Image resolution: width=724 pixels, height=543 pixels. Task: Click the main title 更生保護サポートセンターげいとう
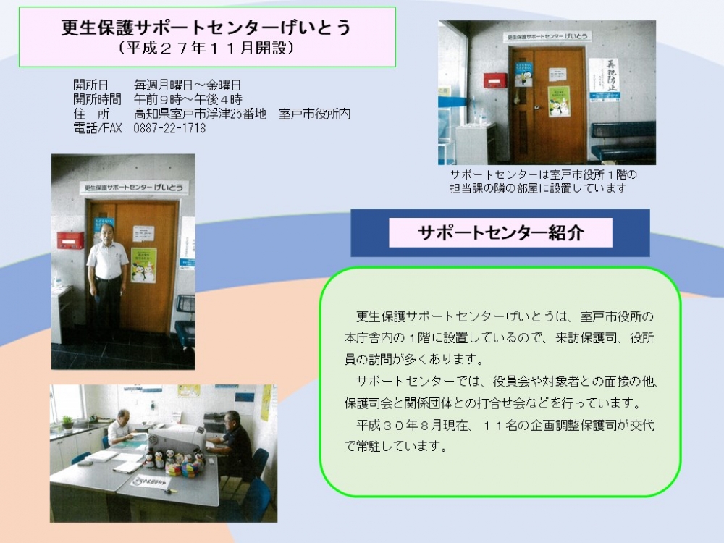206,28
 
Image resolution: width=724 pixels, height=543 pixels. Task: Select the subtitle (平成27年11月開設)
206,48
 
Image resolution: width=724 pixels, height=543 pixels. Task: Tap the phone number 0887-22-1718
169,128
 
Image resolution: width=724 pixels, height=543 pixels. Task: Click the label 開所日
90,85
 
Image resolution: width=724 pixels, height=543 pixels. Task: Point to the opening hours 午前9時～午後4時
188,99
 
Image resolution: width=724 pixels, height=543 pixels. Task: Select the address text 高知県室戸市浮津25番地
200,114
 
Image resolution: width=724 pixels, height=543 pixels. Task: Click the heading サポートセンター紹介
500,232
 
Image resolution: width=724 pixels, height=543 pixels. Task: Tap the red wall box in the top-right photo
495,80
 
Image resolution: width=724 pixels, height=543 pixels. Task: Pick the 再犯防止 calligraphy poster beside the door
605,80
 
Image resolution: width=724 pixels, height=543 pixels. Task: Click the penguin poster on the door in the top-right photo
559,101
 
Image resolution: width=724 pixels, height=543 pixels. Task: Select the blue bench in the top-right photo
623,142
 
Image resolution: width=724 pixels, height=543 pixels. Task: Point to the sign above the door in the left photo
134,188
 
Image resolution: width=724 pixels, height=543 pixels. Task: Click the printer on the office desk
177,439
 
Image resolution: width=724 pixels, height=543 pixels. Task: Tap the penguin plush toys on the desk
174,462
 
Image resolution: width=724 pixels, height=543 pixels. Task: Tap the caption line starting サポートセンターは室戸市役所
544,175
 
